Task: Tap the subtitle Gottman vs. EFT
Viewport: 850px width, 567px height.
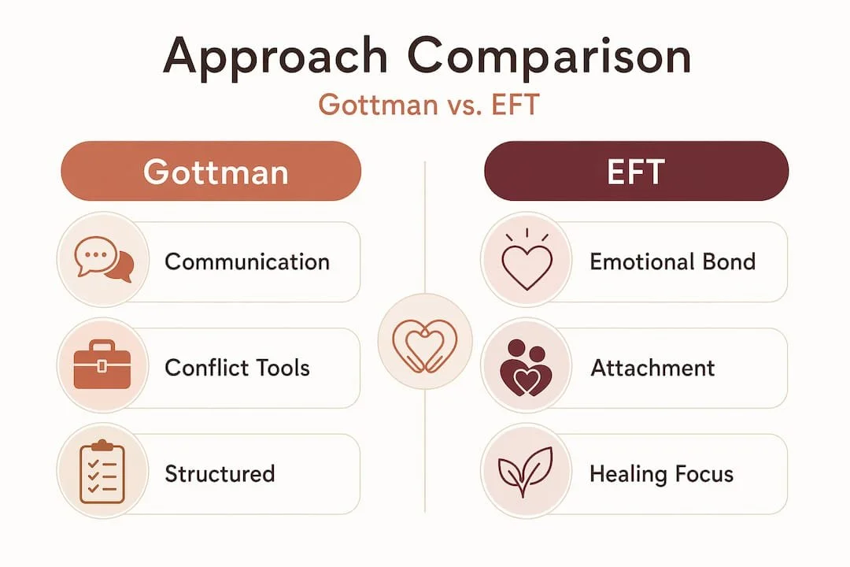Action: tap(429, 104)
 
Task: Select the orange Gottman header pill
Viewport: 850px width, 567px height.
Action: tap(211, 171)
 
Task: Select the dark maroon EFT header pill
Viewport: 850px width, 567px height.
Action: tap(637, 171)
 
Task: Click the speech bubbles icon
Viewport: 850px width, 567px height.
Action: tap(104, 259)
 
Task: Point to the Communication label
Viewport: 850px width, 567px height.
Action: tap(247, 262)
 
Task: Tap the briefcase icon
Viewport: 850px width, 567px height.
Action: tap(102, 365)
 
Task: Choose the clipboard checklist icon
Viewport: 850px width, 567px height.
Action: tap(102, 472)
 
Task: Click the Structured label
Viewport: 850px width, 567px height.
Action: tap(220, 473)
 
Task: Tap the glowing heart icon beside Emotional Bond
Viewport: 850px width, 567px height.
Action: tap(527, 259)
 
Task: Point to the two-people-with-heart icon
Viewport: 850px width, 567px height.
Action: tap(525, 369)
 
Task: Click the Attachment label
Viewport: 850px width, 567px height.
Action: tap(652, 368)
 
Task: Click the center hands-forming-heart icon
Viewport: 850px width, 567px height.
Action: tap(425, 346)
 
